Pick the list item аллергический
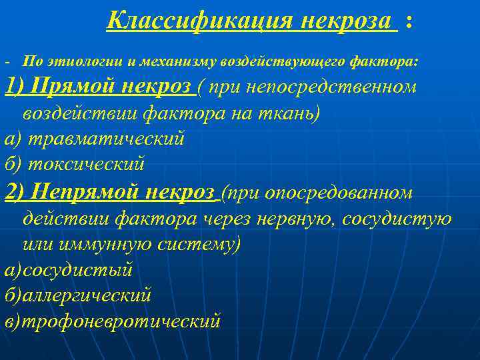pos(87,295)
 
